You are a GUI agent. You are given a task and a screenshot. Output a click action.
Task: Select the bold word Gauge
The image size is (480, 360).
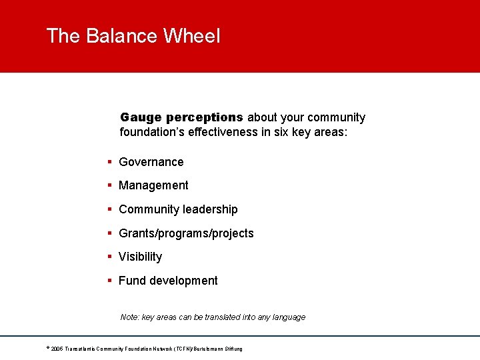141,117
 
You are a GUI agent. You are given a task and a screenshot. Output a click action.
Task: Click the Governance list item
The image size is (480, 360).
151,162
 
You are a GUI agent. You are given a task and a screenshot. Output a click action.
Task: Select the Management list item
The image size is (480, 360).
153,185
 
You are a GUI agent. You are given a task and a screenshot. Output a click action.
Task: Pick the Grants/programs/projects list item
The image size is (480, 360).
186,233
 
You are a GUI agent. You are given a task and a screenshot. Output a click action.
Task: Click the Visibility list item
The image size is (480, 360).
140,257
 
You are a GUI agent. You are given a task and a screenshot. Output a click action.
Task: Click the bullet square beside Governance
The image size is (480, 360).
109,162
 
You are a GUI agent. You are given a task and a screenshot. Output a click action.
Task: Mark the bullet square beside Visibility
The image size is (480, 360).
109,257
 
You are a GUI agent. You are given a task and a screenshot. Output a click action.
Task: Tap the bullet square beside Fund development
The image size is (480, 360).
109,281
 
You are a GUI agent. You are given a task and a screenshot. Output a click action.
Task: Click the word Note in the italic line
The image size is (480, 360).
130,317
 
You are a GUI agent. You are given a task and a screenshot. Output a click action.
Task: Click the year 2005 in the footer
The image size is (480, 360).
57,349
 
